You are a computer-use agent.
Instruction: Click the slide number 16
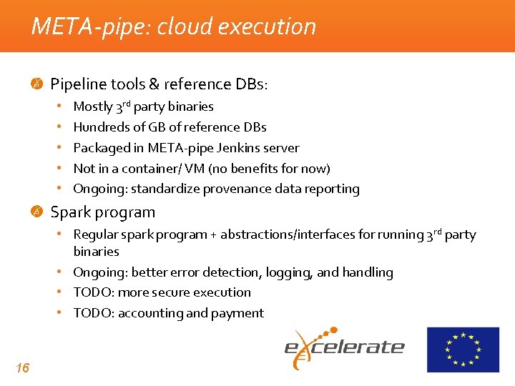point(22,367)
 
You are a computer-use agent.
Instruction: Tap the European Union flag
point(463,350)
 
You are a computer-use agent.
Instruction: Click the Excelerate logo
point(345,347)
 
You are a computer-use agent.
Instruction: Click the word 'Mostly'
point(93,107)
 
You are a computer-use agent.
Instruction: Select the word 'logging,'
point(286,272)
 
